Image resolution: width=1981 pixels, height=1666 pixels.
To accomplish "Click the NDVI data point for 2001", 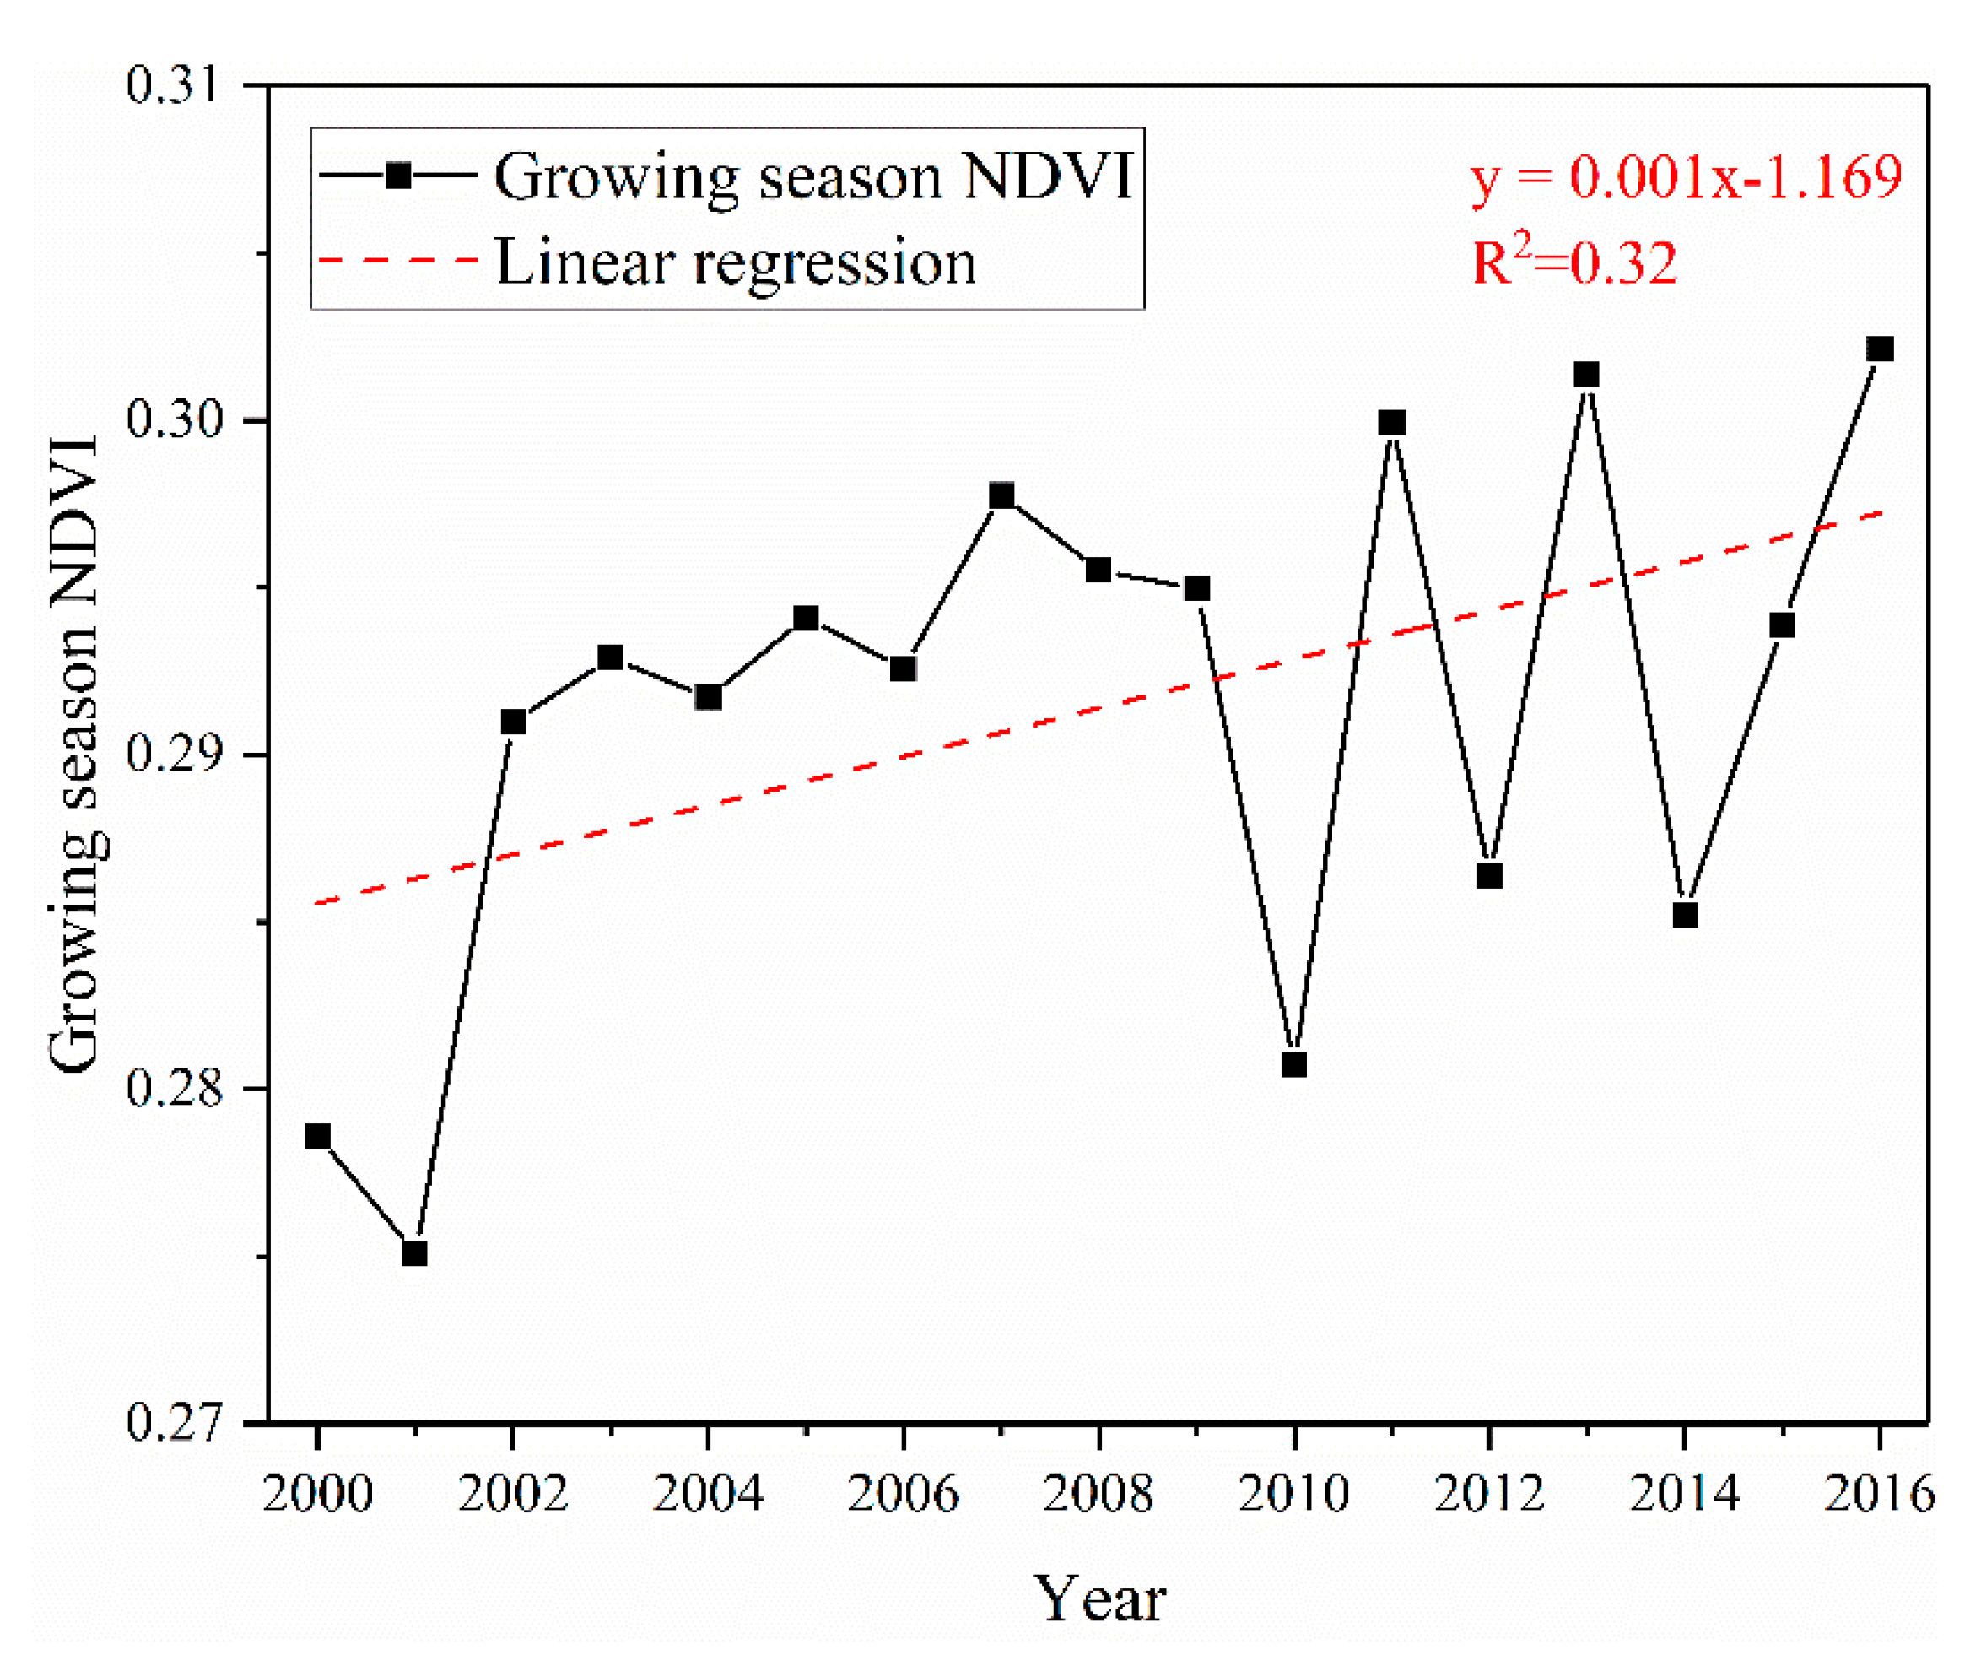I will tap(414, 1253).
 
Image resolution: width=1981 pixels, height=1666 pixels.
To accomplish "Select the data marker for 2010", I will tap(1293, 1064).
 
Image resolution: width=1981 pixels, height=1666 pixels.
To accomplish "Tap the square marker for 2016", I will tap(1880, 349).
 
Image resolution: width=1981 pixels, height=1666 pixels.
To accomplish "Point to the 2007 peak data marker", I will tap(1001, 496).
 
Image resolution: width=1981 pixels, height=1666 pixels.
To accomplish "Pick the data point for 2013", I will tap(1586, 375).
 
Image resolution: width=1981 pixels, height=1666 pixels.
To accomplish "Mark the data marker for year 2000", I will tap(318, 1136).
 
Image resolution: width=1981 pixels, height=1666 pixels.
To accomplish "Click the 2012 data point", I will tap(1489, 876).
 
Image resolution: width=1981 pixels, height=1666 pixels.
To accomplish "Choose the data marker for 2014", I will tap(1686, 915).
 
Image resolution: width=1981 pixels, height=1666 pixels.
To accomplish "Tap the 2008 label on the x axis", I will tap(1098, 1494).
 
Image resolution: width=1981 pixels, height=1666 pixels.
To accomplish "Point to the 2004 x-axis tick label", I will tap(707, 1494).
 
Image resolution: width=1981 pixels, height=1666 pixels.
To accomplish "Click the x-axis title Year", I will tap(1099, 1600).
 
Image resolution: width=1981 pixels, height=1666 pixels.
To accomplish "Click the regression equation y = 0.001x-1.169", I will tap(1686, 177).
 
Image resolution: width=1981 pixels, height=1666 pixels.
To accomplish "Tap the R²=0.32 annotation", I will tap(1574, 262).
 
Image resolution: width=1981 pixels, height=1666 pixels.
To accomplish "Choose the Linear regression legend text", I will tap(736, 262).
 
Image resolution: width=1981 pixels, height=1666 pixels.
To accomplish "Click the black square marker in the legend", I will tap(398, 176).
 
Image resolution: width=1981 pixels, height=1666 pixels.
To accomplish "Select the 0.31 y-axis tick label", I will tap(173, 85).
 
